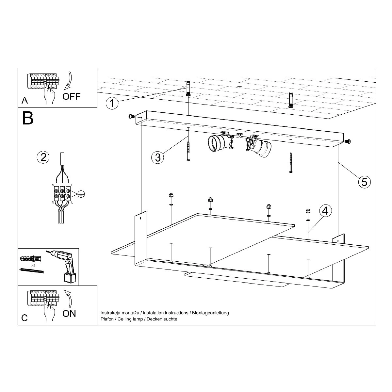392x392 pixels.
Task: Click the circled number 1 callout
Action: pyautogui.click(x=112, y=103)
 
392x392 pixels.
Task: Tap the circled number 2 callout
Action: pyautogui.click(x=43, y=157)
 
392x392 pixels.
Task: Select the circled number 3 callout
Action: pyautogui.click(x=158, y=157)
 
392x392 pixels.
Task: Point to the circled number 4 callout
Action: pyautogui.click(x=325, y=211)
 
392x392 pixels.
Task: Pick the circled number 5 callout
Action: pyautogui.click(x=364, y=182)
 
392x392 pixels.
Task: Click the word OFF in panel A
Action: pyautogui.click(x=72, y=96)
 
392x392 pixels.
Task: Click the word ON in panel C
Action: pyautogui.click(x=69, y=314)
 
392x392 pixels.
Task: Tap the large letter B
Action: pyautogui.click(x=28, y=118)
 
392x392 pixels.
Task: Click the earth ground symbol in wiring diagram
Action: pyautogui.click(x=81, y=194)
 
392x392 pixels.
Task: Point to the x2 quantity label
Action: pyautogui.click(x=33, y=266)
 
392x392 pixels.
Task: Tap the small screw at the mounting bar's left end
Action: pyautogui.click(x=131, y=117)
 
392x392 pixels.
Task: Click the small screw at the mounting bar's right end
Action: pyautogui.click(x=348, y=141)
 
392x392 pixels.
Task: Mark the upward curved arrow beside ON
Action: pyautogui.click(x=69, y=299)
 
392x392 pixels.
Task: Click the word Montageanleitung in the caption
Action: pyautogui.click(x=210, y=313)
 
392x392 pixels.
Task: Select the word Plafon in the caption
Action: pyautogui.click(x=107, y=319)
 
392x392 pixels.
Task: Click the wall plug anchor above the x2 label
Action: pyautogui.click(x=31, y=259)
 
